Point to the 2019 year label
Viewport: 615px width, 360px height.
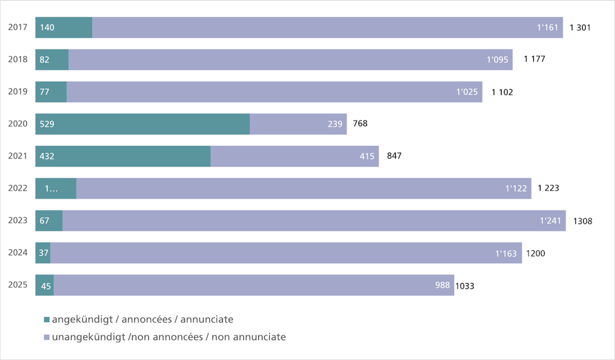click(18, 92)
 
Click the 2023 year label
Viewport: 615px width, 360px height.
click(18, 221)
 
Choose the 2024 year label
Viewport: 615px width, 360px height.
click(18, 252)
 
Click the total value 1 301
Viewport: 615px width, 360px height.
click(580, 28)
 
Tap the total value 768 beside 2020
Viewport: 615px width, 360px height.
click(360, 124)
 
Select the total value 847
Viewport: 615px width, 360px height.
click(394, 156)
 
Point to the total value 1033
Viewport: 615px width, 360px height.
click(465, 286)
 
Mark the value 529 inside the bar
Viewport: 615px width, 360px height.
click(47, 124)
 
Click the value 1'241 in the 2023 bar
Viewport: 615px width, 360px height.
click(550, 221)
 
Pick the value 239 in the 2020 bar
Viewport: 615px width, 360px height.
click(335, 124)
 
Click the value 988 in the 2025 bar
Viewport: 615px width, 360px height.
click(443, 285)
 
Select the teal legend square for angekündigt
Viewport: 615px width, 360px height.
click(47, 320)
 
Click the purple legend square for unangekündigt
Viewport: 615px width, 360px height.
click(47, 337)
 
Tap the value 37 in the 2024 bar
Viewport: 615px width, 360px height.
click(44, 253)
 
